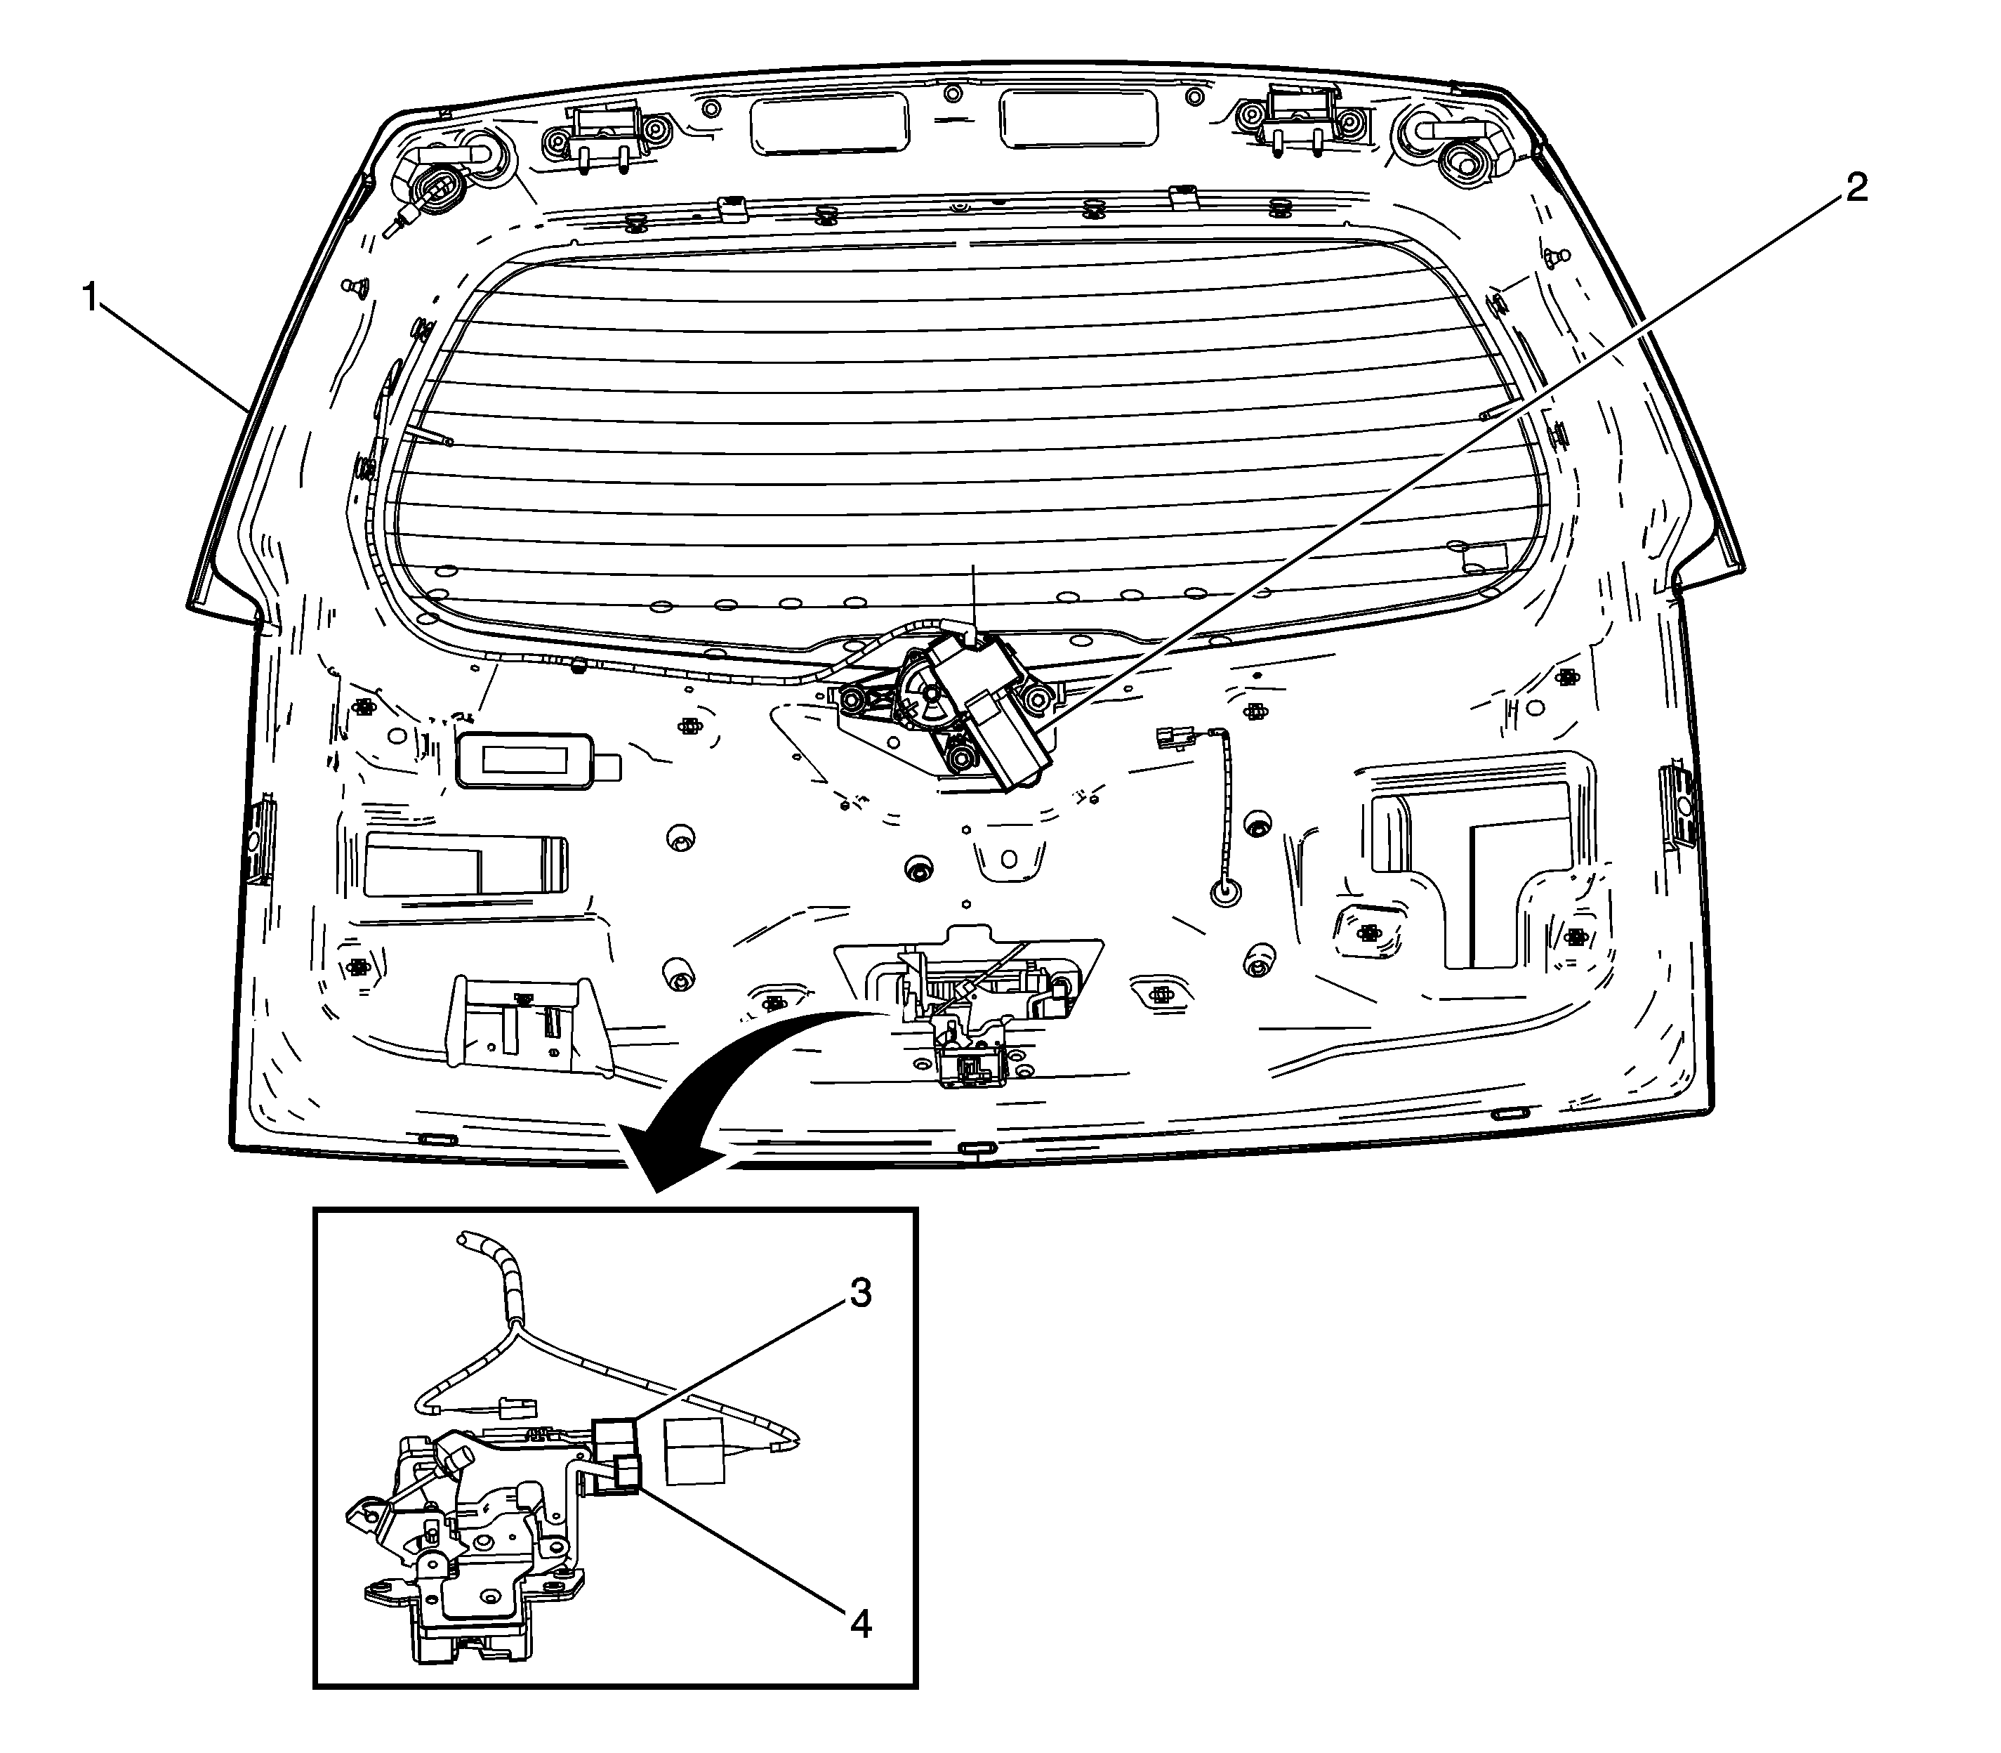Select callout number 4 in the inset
coord(859,1625)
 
